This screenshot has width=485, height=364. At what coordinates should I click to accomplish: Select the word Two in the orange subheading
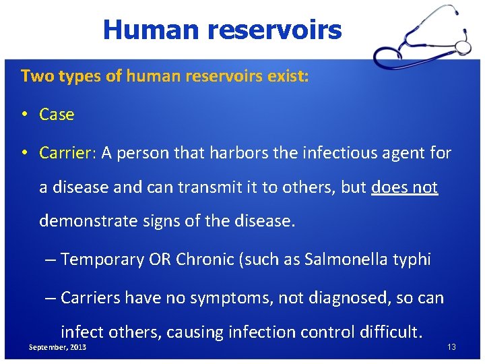point(34,76)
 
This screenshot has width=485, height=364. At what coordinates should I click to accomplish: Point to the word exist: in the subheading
point(288,76)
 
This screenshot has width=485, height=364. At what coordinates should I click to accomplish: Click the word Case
point(57,115)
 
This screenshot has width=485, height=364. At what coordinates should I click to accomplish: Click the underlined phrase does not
point(404,187)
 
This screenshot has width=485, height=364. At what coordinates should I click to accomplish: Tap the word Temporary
point(102,260)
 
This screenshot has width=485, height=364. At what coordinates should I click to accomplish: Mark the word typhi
point(413,260)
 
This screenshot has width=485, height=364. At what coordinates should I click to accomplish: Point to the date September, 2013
point(57,346)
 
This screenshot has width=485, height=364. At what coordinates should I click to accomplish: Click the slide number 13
point(451,346)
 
